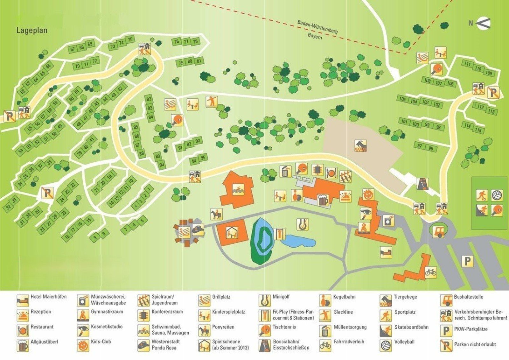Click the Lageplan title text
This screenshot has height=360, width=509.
(x=32, y=31)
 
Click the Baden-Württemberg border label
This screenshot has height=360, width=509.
(x=317, y=27)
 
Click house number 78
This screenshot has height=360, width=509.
(x=195, y=41)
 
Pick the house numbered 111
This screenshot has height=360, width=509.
(x=467, y=64)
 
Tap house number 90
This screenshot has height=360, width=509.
(x=162, y=164)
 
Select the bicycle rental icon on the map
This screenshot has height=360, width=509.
(x=430, y=272)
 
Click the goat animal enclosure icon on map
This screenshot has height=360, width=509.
(x=361, y=146)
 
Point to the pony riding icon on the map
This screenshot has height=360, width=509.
(x=216, y=214)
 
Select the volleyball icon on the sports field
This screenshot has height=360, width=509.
(x=497, y=195)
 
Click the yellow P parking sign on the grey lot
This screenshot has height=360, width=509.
(x=467, y=261)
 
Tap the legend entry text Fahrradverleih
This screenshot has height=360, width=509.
(x=349, y=342)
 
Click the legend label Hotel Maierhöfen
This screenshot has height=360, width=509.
(x=48, y=297)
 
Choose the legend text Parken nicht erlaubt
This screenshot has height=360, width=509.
(x=475, y=344)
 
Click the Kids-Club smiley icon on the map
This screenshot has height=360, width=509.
(x=367, y=194)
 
